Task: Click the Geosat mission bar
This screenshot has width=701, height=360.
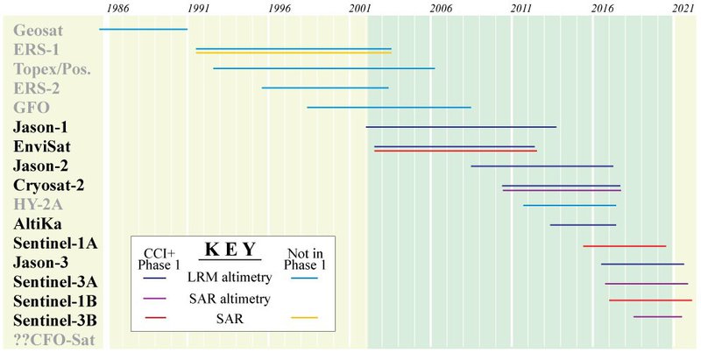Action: coord(144,29)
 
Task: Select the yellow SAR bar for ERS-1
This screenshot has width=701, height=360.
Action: coord(294,53)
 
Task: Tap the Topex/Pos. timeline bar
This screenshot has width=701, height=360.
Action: coord(324,67)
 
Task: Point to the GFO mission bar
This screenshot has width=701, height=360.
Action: coord(389,107)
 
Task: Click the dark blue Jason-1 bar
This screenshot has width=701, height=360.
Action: coord(461,127)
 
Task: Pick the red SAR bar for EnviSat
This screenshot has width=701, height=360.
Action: coord(455,151)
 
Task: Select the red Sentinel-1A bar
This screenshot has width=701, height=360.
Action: coord(625,245)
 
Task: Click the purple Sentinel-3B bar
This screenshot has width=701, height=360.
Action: coord(657,316)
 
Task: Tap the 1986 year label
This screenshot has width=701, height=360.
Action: coord(118,8)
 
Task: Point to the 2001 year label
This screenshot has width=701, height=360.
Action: coord(359,8)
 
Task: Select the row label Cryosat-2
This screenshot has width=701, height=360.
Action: coord(49,185)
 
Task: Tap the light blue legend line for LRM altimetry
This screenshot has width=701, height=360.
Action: coord(304,278)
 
